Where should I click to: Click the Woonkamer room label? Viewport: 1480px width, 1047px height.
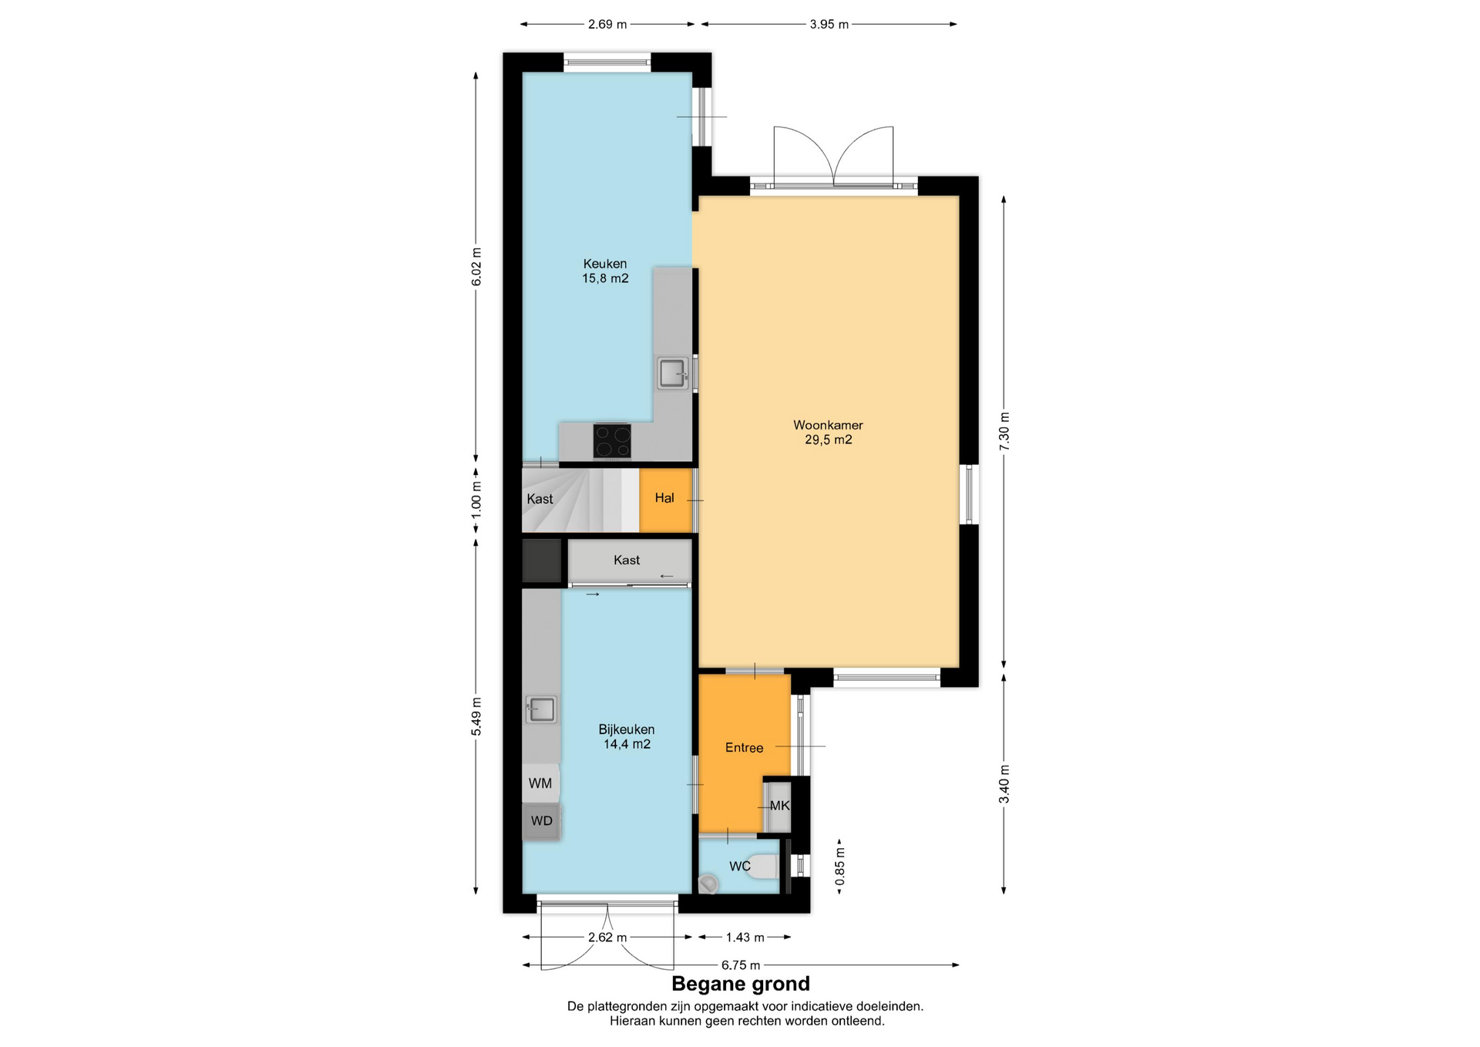click(828, 425)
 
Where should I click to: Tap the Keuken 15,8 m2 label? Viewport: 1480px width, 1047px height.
click(605, 271)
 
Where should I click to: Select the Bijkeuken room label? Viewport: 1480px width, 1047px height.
click(627, 729)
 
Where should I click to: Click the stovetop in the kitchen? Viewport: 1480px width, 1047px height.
click(612, 441)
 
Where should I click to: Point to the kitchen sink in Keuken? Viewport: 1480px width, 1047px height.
click(673, 374)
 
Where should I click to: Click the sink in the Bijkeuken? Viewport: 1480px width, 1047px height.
click(541, 709)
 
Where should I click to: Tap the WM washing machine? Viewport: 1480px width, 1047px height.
click(540, 783)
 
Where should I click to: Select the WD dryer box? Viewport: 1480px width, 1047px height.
click(541, 821)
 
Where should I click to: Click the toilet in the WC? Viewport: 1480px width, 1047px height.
click(764, 867)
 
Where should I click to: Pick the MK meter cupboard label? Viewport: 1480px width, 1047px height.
click(779, 806)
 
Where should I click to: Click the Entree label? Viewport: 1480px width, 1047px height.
click(744, 748)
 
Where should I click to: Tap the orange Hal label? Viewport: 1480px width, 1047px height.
click(664, 498)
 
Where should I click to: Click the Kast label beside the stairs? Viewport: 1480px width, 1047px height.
click(540, 499)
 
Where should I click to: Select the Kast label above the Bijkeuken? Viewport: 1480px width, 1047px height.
click(627, 560)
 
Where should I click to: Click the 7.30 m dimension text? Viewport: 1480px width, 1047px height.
click(1004, 432)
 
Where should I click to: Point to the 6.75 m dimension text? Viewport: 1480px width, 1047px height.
click(741, 965)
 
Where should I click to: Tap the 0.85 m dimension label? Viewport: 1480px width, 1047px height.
click(840, 867)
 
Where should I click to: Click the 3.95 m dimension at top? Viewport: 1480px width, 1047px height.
click(829, 25)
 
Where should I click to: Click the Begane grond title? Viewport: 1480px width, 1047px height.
click(741, 984)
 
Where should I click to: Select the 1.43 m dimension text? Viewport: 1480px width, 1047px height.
click(745, 938)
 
